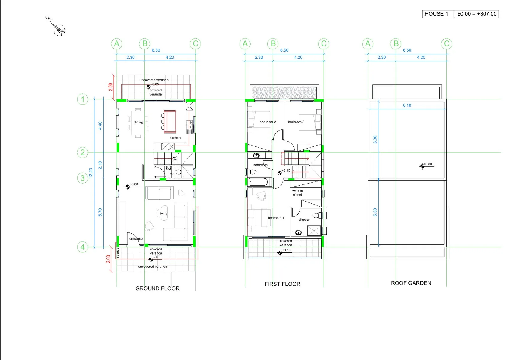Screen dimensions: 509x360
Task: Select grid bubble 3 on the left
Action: [x=82, y=178]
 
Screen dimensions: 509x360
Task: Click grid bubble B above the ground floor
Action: [x=145, y=43]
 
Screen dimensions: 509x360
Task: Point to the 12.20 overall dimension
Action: [x=91, y=173]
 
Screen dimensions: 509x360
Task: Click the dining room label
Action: [x=138, y=122]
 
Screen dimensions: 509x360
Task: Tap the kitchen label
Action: [x=175, y=138]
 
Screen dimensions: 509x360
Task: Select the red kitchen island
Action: [x=170, y=122]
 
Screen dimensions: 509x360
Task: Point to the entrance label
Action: [x=136, y=239]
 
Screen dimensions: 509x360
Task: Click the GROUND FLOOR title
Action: [x=157, y=288]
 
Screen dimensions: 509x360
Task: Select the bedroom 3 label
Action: [x=296, y=122]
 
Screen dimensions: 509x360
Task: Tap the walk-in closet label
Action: [x=297, y=193]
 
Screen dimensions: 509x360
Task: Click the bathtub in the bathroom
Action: [x=258, y=182]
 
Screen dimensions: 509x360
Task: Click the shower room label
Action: [x=304, y=220]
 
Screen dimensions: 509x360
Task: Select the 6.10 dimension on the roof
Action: [x=407, y=105]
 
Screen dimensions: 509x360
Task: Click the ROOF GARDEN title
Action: [x=411, y=283]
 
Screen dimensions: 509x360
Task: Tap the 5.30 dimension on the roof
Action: [x=375, y=212]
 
